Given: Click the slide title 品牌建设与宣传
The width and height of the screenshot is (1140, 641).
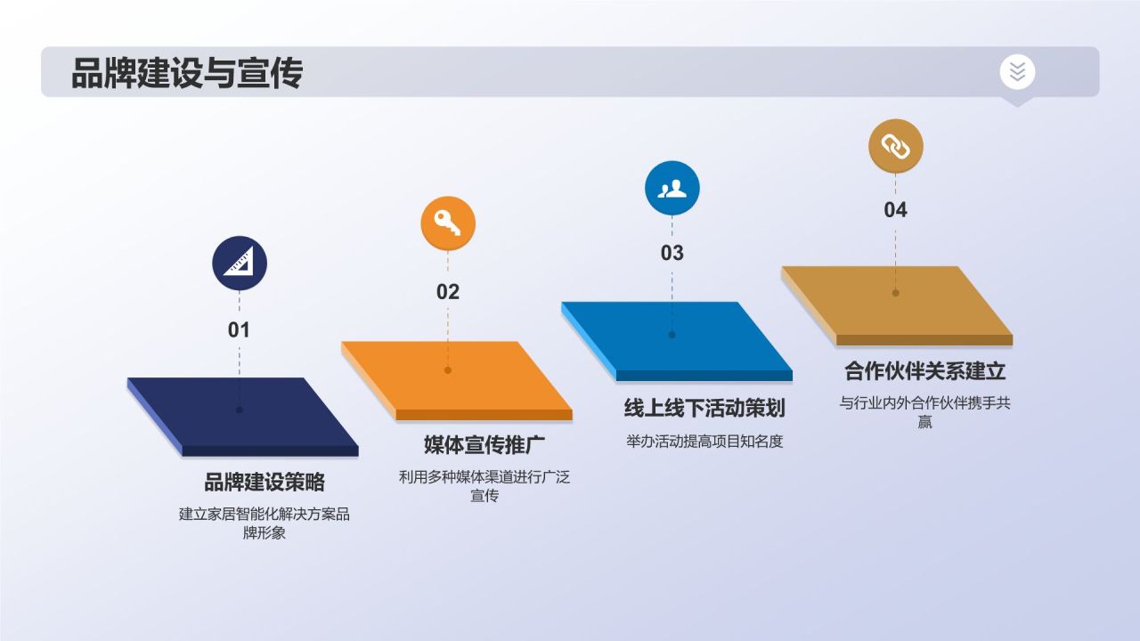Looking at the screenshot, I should click(187, 73).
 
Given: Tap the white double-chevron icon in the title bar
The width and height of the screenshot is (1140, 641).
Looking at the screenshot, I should click(1017, 71).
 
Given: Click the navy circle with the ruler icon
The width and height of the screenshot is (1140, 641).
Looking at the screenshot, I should click(239, 264).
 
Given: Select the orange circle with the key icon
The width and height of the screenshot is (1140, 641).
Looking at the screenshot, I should click(448, 223).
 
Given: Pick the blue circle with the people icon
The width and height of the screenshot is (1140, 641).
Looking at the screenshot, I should click(672, 189).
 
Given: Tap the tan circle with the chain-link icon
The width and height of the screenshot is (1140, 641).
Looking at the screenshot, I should click(895, 145).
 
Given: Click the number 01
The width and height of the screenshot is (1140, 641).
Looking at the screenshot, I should click(239, 330).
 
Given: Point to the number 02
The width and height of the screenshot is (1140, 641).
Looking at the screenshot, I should click(448, 292).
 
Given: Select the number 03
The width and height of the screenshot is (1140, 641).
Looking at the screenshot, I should click(672, 253).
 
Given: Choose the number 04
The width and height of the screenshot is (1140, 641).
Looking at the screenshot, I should click(895, 210).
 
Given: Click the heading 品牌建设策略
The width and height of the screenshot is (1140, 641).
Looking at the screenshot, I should click(265, 483).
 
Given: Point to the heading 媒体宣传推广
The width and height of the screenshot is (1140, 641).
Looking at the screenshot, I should click(484, 444).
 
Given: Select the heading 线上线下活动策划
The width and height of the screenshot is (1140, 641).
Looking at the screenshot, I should click(704, 409).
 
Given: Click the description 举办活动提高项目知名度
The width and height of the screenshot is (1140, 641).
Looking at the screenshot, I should click(704, 442).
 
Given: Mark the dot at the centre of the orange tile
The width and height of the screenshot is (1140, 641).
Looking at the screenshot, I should click(448, 370).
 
